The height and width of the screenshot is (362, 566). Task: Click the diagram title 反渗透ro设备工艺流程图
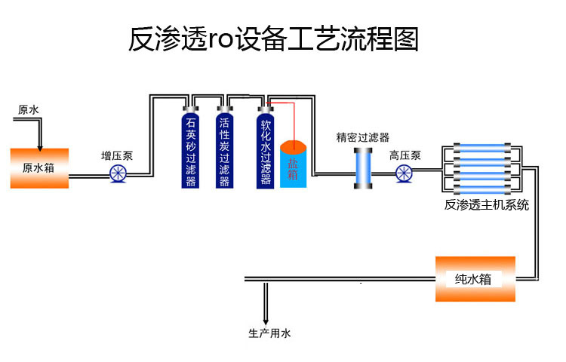(x=274, y=39)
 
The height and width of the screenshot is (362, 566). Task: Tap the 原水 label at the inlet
(x=29, y=110)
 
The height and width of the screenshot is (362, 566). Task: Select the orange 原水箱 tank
(x=39, y=167)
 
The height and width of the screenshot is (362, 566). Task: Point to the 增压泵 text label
(x=117, y=156)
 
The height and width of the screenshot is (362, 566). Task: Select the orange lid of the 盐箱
(x=293, y=146)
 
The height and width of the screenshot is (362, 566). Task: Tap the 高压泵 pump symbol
(x=405, y=174)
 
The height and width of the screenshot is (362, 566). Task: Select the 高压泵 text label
(x=405, y=156)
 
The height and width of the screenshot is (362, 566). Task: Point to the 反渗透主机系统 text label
(x=487, y=204)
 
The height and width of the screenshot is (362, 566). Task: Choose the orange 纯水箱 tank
(x=475, y=278)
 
